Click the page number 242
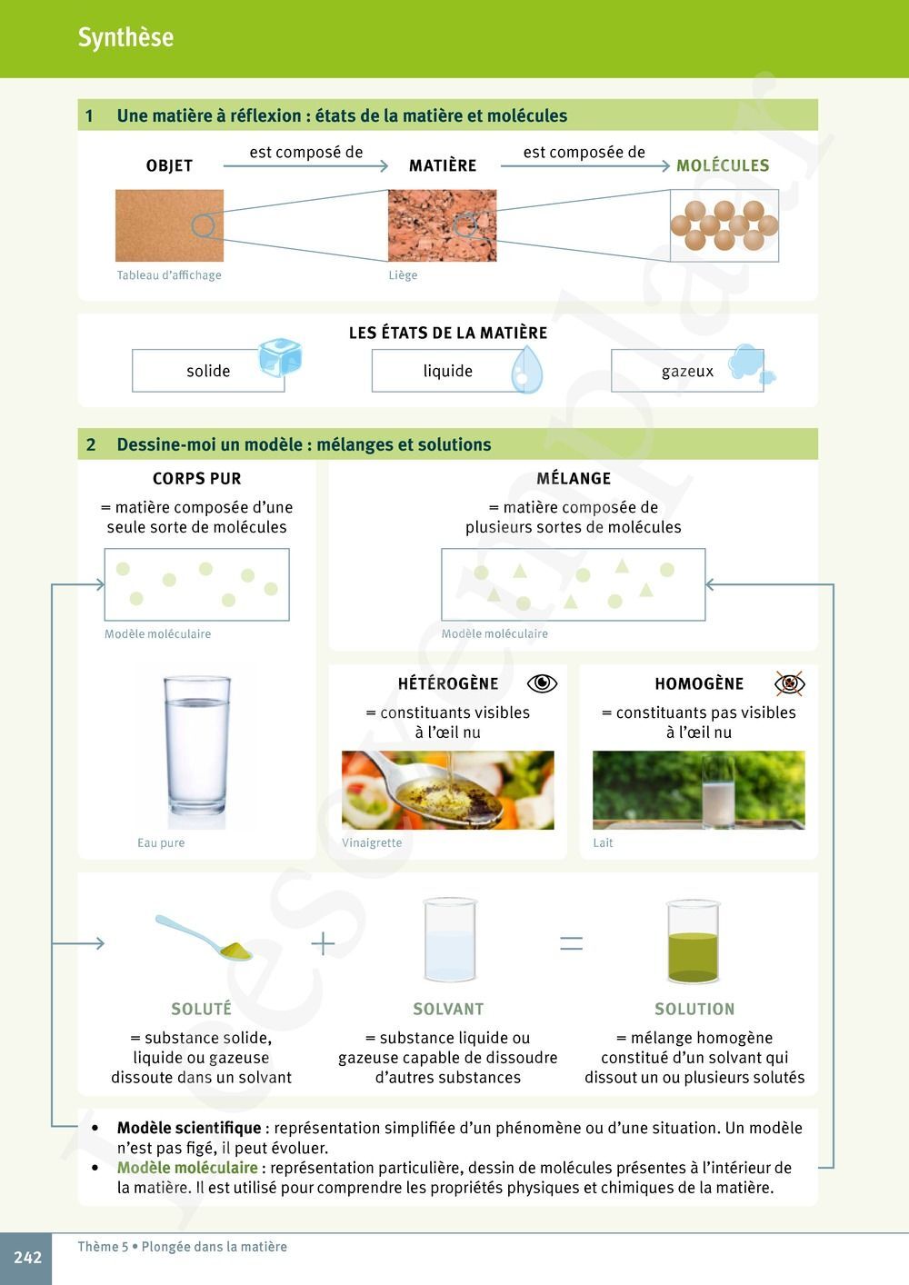click(27, 1258)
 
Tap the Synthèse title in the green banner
click(125, 37)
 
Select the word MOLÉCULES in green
click(723, 165)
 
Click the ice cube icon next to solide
click(280, 357)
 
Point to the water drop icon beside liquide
click(526, 370)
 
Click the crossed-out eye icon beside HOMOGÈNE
click(790, 683)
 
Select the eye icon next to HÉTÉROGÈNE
click(542, 683)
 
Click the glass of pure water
click(197, 752)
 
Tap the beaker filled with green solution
click(693, 941)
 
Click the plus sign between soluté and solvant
click(323, 943)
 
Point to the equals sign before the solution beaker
click(571, 943)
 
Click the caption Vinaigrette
click(372, 842)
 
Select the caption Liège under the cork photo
click(403, 275)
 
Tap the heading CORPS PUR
click(197, 478)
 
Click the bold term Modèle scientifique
click(189, 1128)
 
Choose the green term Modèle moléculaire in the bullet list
click(187, 1168)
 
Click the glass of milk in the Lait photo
click(718, 792)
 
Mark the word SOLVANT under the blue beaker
click(448, 1009)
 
